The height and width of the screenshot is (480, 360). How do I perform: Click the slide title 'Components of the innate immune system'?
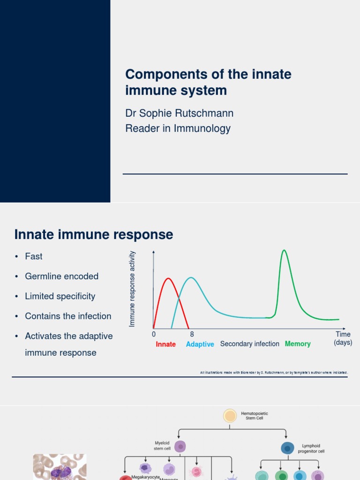point(208,82)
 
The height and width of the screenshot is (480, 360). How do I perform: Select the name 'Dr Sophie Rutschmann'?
point(179,113)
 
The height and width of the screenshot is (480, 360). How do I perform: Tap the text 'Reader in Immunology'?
point(178,128)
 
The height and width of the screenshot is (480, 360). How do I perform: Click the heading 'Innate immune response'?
point(94,234)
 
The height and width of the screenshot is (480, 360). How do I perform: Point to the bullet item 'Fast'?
point(34,256)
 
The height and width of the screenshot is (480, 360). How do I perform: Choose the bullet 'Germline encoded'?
point(61,277)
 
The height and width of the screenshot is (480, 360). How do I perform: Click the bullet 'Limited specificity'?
point(60,296)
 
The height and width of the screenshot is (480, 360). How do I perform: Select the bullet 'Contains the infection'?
point(68,316)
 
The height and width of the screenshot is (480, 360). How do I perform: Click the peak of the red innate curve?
point(168,279)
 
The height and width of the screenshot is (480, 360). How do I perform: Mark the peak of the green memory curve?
point(284,250)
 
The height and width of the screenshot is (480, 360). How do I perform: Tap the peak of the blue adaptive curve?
point(191,278)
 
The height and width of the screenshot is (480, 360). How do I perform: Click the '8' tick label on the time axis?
point(192,335)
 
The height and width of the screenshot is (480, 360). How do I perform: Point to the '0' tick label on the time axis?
point(154,335)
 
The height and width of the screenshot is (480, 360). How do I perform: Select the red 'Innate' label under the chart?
point(165,345)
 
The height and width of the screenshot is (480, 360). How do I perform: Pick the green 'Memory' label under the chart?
point(298,344)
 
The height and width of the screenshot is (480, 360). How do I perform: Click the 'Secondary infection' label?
point(249,344)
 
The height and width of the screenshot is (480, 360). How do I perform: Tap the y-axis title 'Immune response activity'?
point(132,289)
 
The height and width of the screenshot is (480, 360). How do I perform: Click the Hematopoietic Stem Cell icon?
point(230,416)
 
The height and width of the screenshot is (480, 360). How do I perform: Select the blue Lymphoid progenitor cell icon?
point(287,449)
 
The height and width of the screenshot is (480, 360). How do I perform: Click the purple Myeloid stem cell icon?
point(180,447)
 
